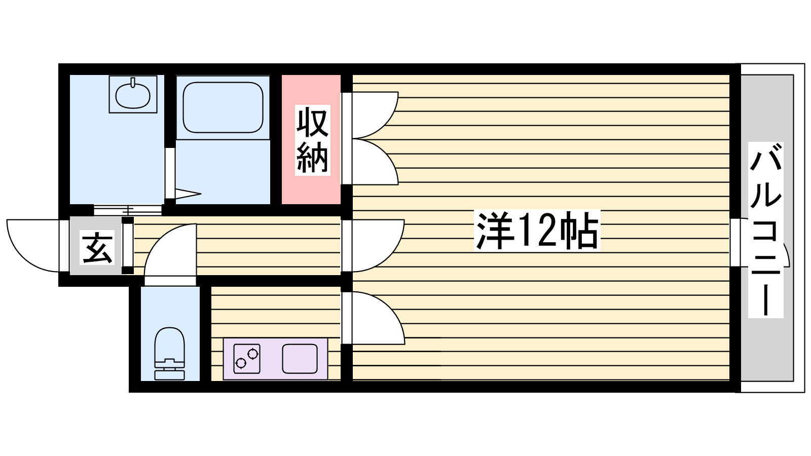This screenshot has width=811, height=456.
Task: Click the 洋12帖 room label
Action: pyautogui.click(x=537, y=231)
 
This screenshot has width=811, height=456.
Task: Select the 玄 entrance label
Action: pyautogui.click(x=97, y=248)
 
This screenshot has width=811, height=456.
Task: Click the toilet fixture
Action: pyautogui.click(x=169, y=354)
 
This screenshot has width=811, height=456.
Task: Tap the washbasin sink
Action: pyautogui.click(x=133, y=94)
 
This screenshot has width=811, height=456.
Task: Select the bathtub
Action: pyautogui.click(x=223, y=107)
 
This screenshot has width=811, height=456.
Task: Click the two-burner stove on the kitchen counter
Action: pyautogui.click(x=247, y=358)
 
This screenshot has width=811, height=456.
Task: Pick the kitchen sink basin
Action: pyautogui.click(x=300, y=358)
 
